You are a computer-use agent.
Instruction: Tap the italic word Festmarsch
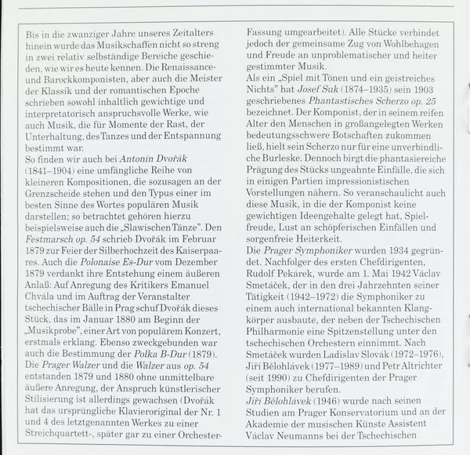point(49,254)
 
